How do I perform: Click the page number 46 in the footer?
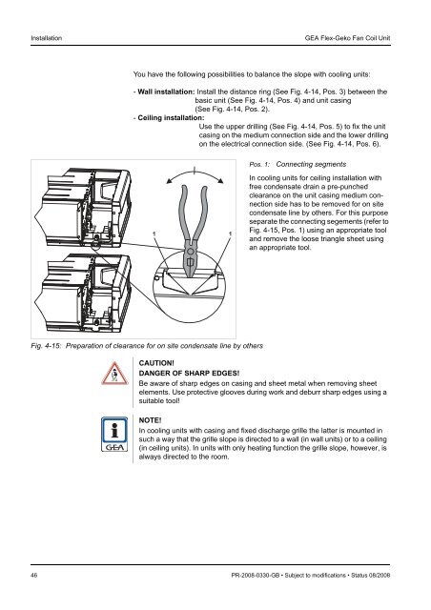[34, 575]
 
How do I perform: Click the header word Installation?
[47, 38]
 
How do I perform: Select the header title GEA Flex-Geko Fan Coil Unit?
[347, 38]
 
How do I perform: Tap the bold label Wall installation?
[166, 91]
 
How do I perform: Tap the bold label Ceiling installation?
[171, 118]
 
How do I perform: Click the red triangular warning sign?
[114, 374]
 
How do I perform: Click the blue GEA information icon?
[114, 435]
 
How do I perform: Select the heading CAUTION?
[156, 363]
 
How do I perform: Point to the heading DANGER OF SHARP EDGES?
[189, 373]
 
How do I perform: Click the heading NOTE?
[150, 420]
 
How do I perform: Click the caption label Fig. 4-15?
[46, 346]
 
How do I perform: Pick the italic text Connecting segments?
[311, 164]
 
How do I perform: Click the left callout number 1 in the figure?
[154, 234]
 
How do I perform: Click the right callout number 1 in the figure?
[230, 234]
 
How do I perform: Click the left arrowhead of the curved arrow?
[170, 180]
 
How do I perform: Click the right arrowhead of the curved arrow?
[220, 180]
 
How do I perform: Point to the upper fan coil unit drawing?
[83, 208]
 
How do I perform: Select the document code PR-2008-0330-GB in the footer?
[255, 575]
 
